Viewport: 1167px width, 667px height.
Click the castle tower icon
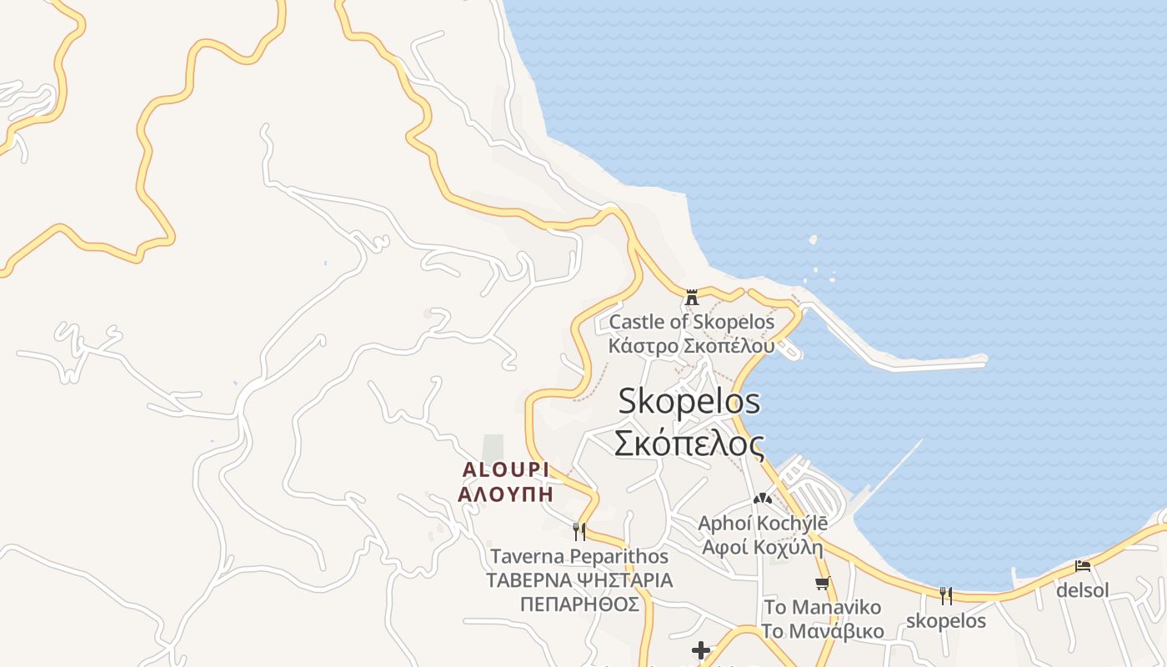pyautogui.click(x=691, y=297)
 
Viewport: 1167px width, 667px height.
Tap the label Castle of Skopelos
pyautogui.click(x=691, y=322)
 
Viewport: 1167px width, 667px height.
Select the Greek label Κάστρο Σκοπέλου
pyautogui.click(x=691, y=346)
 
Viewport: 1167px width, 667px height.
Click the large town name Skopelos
pyautogui.click(x=689, y=401)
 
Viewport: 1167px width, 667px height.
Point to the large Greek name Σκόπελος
pyautogui.click(x=689, y=444)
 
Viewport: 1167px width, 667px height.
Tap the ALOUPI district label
pyautogui.click(x=506, y=470)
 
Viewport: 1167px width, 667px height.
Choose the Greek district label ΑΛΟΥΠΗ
pyautogui.click(x=506, y=493)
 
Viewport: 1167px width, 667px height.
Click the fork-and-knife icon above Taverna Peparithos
pyautogui.click(x=579, y=531)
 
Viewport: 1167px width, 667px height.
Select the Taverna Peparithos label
pyautogui.click(x=579, y=556)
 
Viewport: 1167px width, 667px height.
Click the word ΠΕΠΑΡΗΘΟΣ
pyautogui.click(x=579, y=604)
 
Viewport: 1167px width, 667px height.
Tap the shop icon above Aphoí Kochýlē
pyautogui.click(x=762, y=499)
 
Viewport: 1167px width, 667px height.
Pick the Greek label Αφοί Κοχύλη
pyautogui.click(x=762, y=548)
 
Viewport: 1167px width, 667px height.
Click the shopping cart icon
pyautogui.click(x=822, y=584)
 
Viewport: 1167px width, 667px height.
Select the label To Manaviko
pyautogui.click(x=822, y=607)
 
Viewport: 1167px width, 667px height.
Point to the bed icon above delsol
pyautogui.click(x=1083, y=566)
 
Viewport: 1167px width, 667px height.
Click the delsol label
pyautogui.click(x=1083, y=590)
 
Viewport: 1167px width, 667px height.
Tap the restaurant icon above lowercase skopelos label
pyautogui.click(x=946, y=595)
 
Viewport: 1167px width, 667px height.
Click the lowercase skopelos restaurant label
pyautogui.click(x=946, y=621)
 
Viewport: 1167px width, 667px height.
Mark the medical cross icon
pyautogui.click(x=701, y=650)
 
